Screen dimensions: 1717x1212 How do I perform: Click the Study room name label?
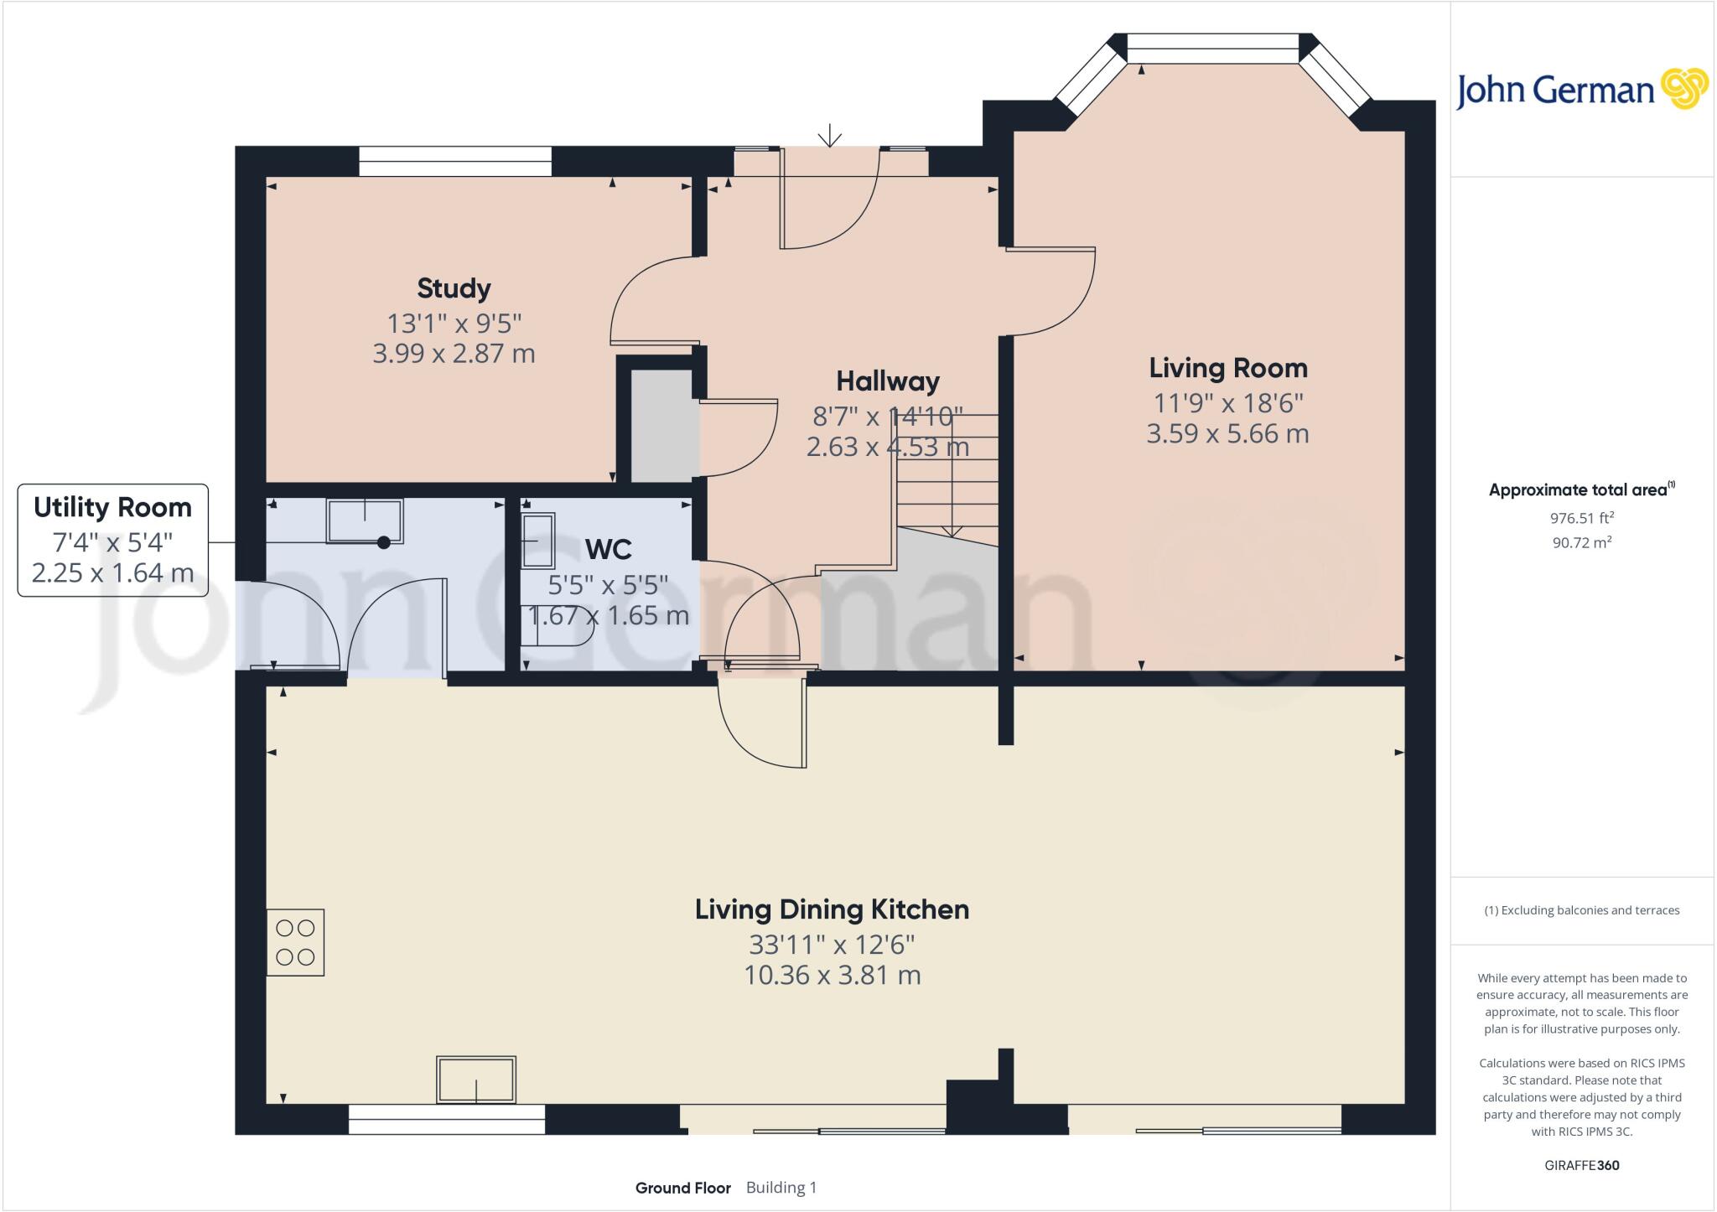pyautogui.click(x=454, y=288)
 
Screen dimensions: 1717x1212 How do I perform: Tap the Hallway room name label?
pyautogui.click(x=888, y=381)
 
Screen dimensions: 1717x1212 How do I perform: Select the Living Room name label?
pyautogui.click(x=1228, y=368)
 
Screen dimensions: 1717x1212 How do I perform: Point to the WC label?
pyautogui.click(x=608, y=550)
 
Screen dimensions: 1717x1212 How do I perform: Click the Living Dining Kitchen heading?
pyautogui.click(x=832, y=909)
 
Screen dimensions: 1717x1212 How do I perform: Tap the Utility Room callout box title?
pyautogui.click(x=112, y=507)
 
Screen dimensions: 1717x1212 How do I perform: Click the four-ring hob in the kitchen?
pyautogui.click(x=295, y=942)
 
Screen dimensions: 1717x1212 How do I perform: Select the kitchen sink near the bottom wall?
pyautogui.click(x=476, y=1080)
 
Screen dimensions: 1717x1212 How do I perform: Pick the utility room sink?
pyautogui.click(x=365, y=521)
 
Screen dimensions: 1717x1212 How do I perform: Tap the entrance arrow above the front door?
pyautogui.click(x=830, y=135)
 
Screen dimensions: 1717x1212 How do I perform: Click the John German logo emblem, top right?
pyautogui.click(x=1684, y=89)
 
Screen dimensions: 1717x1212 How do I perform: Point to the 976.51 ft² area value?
pyautogui.click(x=1582, y=518)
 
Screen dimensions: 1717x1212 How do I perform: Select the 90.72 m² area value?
pyautogui.click(x=1582, y=542)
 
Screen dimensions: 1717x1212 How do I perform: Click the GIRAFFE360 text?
pyautogui.click(x=1582, y=1165)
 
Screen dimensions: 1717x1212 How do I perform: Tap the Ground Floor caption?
pyautogui.click(x=682, y=1188)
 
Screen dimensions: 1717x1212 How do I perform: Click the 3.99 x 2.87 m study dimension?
pyautogui.click(x=454, y=354)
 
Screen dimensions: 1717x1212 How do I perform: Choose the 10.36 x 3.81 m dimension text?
pyautogui.click(x=833, y=976)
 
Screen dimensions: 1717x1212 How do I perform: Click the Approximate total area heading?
pyautogui.click(x=1582, y=489)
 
